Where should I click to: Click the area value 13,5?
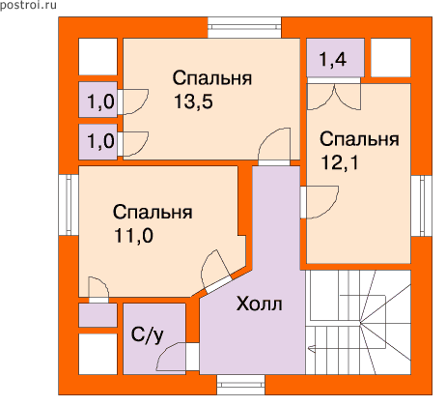point(193,101)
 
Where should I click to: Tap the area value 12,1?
point(340,162)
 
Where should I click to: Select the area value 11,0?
point(133,236)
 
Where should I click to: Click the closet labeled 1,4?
point(335,58)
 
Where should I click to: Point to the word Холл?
point(260,304)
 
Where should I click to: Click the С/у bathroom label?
point(148,335)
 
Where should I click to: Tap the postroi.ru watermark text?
point(28,5)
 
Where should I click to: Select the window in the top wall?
point(244,28)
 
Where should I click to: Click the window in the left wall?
point(69,205)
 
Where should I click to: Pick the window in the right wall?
point(421,206)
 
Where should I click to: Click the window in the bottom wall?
point(241,385)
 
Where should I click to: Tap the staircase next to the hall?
point(358,322)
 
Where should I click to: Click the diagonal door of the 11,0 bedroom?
point(216,273)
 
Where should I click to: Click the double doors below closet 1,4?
point(334,97)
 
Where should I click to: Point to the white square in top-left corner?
point(98,57)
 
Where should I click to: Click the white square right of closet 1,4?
point(391,58)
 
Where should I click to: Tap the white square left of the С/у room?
point(98,354)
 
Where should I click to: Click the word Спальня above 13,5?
point(212,78)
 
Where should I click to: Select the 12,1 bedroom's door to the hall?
point(320,202)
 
